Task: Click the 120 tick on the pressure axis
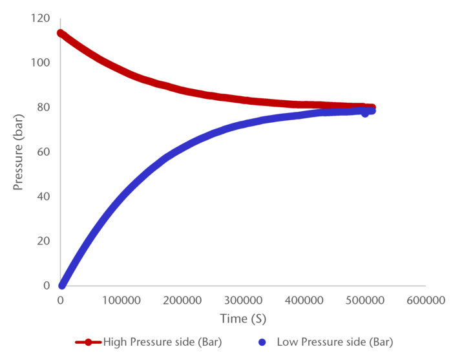[40, 18]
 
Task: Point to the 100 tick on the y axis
[40, 63]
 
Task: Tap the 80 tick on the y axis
[43, 107]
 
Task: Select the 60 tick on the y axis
[43, 152]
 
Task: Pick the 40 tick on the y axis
[43, 196]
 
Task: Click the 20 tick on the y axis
[43, 241]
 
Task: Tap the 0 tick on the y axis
[45, 286]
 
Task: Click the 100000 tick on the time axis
[121, 301]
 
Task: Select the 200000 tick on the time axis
[183, 301]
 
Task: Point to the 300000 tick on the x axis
[244, 301]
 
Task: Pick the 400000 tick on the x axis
[305, 301]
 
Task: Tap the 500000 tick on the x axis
[366, 301]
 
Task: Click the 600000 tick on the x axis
[427, 301]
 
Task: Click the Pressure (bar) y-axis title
[19, 152]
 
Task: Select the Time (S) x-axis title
[243, 319]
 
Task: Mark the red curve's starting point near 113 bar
[61, 33]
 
